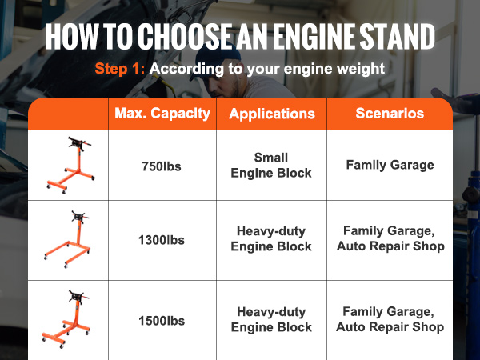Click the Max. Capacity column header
(162, 114)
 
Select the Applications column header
(272, 114)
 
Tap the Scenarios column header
(390, 114)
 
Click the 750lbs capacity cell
(162, 166)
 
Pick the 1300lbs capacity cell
(162, 240)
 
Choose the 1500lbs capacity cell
(162, 321)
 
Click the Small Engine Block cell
(271, 166)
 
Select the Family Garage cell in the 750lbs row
(390, 165)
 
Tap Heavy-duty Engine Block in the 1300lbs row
(271, 238)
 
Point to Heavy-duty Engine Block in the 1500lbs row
(271, 319)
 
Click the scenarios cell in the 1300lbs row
(390, 238)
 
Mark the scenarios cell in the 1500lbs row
(390, 319)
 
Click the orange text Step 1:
(120, 68)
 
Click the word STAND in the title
(398, 36)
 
